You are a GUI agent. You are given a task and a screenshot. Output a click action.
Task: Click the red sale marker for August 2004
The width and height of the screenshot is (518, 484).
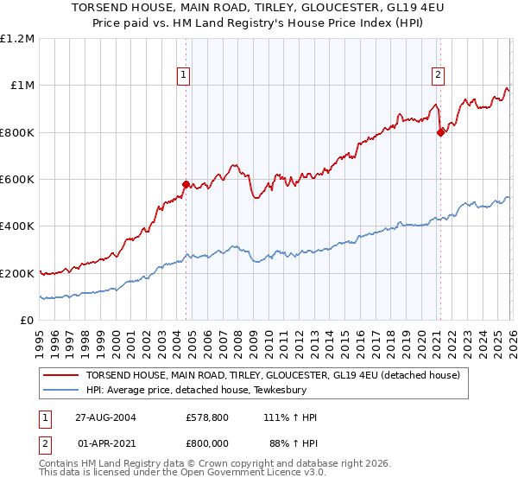tap(186, 184)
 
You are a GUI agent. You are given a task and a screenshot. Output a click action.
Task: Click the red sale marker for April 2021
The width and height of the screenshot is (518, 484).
tap(440, 132)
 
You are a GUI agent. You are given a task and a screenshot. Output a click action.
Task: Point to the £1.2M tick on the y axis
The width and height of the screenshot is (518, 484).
tap(17, 39)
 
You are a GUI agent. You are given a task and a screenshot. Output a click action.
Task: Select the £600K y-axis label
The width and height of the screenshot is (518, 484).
tap(17, 180)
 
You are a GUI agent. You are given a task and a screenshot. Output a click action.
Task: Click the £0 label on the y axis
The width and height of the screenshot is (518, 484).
tap(27, 321)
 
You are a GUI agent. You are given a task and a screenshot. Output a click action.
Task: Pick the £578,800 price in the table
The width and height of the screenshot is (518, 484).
tap(206, 417)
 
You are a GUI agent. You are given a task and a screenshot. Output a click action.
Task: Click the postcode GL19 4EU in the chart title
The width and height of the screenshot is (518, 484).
tap(376, 8)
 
